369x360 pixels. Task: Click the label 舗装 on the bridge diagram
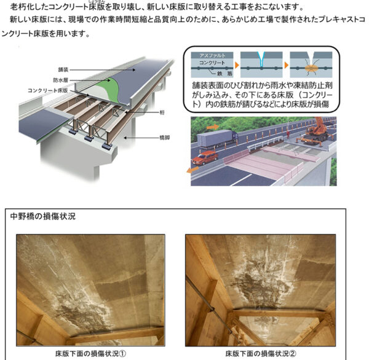coord(63,69)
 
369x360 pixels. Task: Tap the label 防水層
coord(60,80)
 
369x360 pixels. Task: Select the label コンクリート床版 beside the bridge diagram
coord(48,90)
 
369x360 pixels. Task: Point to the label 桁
coord(162,112)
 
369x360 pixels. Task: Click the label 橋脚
coord(164,138)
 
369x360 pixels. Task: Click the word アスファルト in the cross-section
coord(212,55)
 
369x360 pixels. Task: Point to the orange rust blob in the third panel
coord(311,68)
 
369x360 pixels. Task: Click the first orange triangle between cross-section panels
coord(237,65)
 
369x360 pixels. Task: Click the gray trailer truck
coord(217,139)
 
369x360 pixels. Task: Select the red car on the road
coord(205,157)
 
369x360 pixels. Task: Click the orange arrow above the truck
coord(213,127)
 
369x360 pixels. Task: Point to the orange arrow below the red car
coord(192,170)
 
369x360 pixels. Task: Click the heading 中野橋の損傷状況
coord(43,216)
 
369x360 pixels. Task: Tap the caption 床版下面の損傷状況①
coord(91,353)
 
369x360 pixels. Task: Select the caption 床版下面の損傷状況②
coord(261,353)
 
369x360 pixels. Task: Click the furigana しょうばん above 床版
coord(97,1)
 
